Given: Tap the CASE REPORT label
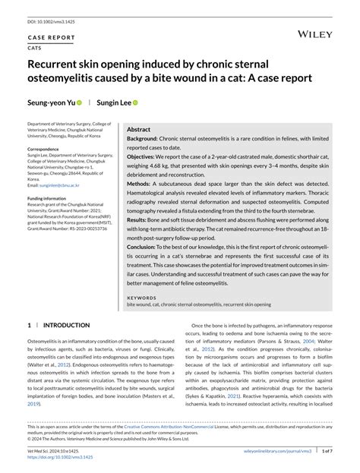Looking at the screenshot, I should click(52, 36).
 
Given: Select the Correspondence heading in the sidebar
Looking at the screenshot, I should click(49, 150).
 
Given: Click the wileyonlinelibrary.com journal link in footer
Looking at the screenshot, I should click(290, 450).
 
